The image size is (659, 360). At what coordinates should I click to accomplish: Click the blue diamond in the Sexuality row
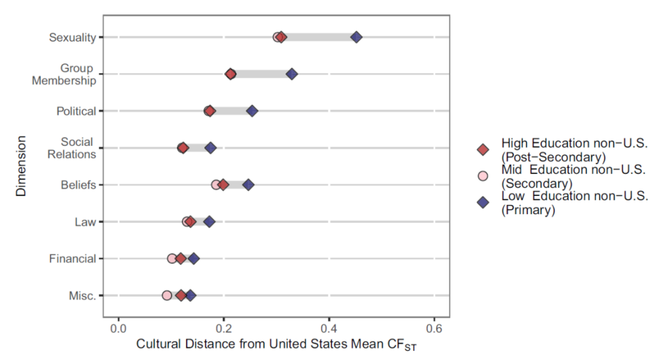[357, 37]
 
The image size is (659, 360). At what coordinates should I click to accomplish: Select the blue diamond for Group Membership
[292, 74]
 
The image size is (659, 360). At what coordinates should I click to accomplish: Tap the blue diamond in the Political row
[252, 111]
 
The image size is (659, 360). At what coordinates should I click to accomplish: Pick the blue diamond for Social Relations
[211, 148]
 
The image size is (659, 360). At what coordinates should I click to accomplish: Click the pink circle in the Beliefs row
[216, 185]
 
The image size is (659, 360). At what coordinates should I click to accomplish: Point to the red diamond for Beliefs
[223, 185]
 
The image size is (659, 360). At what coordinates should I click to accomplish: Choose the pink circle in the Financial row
[172, 258]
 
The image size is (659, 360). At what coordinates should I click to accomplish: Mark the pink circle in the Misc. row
[167, 295]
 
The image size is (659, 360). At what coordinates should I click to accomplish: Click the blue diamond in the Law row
[209, 222]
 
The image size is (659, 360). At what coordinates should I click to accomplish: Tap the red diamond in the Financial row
[181, 258]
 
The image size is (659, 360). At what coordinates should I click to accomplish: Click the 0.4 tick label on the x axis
[329, 328]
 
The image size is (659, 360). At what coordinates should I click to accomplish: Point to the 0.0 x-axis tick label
[118, 328]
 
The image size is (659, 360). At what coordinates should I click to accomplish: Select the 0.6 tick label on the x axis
[434, 328]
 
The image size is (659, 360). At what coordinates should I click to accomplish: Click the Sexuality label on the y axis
[72, 38]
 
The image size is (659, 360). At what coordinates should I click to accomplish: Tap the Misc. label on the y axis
[82, 295]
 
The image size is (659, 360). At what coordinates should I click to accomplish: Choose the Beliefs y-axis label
[78, 185]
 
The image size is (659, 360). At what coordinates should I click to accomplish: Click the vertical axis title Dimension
[20, 165]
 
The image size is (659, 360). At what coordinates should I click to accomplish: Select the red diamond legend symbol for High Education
[483, 150]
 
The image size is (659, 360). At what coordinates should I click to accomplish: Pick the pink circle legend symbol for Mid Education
[483, 176]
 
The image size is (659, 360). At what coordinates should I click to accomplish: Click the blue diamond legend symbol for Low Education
[483, 202]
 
